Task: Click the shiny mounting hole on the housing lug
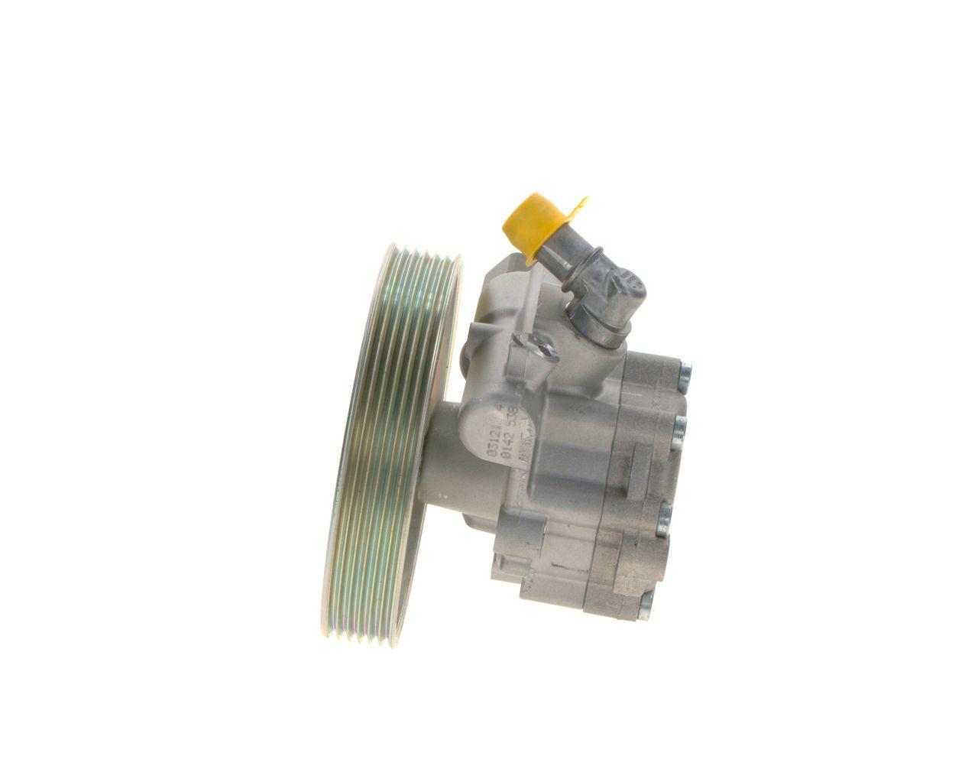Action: pos(544,349)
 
